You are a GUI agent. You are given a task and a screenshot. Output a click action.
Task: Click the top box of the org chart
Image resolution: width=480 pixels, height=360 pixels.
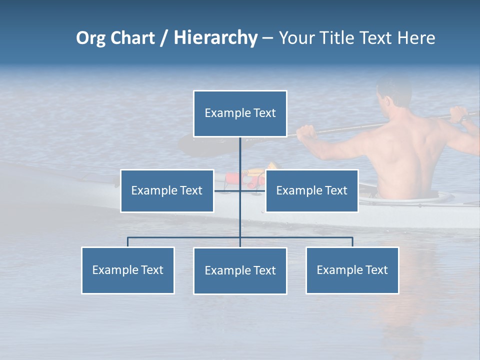pos(240,113)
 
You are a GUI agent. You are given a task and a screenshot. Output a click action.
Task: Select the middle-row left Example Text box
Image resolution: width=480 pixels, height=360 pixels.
pos(167,190)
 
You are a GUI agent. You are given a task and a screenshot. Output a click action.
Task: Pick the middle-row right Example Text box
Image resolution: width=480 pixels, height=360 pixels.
pos(311,190)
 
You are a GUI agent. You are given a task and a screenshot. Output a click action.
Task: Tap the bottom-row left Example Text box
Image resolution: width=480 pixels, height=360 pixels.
pos(127,270)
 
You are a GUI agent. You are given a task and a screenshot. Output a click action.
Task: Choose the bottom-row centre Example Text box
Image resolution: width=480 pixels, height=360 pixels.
pos(240,270)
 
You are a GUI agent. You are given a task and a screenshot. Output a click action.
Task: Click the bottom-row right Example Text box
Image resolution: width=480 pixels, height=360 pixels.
pos(352,270)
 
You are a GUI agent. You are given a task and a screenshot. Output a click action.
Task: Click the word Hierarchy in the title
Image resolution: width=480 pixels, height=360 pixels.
pos(215,37)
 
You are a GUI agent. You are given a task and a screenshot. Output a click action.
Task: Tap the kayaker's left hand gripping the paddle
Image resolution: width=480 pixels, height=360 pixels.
pos(306,132)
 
